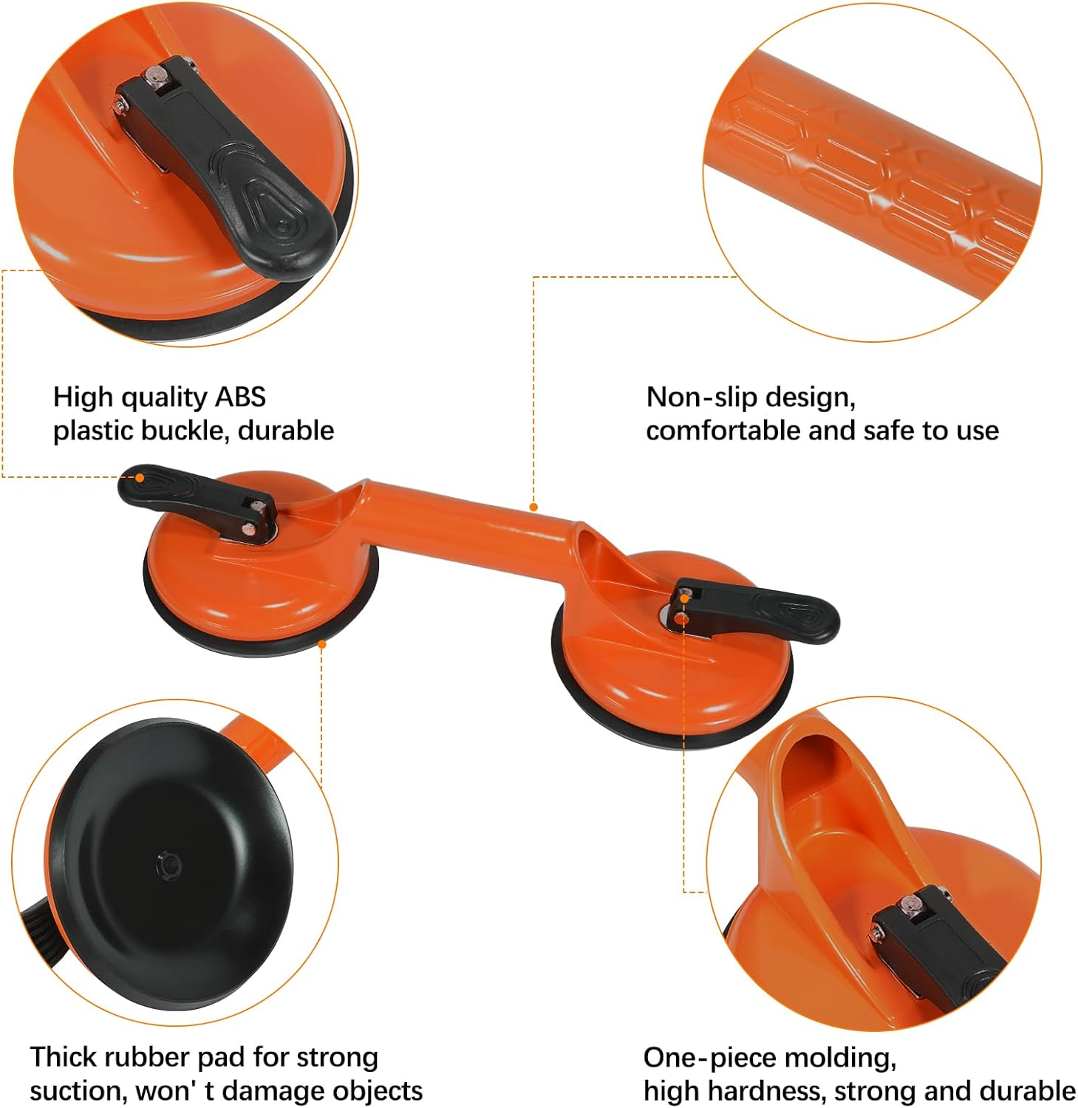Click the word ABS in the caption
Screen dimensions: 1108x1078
[240, 397]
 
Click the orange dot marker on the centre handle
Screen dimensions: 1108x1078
[533, 507]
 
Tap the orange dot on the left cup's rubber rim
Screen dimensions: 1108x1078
[322, 644]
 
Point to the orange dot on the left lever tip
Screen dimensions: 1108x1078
[139, 478]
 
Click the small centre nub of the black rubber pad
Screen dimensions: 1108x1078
[169, 865]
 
